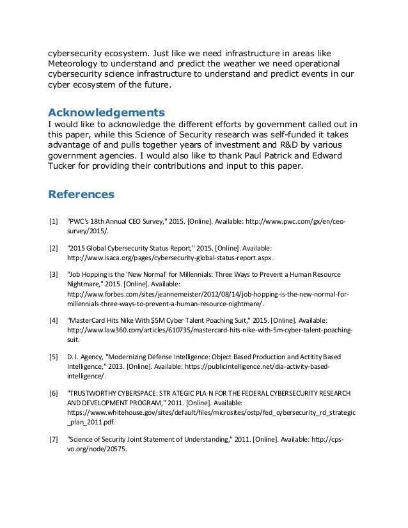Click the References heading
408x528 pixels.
tap(81, 192)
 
